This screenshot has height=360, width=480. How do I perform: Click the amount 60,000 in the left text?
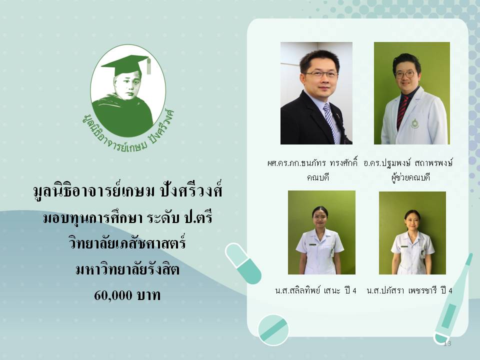click(113, 295)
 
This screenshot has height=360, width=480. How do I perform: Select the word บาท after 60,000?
click(148, 295)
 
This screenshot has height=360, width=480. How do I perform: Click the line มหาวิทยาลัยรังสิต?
click(127, 269)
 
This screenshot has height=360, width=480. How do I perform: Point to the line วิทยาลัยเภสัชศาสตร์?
click(127, 243)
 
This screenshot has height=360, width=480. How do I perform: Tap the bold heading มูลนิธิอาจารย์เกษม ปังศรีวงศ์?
click(127, 190)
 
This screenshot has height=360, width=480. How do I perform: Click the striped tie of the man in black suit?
click(331, 122)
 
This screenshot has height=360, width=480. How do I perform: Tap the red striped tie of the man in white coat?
click(402, 111)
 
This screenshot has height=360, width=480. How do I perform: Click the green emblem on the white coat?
click(414, 123)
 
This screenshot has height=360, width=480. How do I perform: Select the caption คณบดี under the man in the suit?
click(318, 177)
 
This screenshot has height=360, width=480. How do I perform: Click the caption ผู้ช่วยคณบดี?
click(411, 177)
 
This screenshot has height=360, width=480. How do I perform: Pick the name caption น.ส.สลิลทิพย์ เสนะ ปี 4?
click(315, 290)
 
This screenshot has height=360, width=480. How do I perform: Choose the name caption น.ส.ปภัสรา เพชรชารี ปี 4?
click(409, 290)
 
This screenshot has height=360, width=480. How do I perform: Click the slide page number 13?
click(447, 343)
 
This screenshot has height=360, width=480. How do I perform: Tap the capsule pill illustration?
click(243, 263)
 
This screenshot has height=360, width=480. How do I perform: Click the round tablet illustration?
click(273, 330)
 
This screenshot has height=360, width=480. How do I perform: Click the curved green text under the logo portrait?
click(128, 132)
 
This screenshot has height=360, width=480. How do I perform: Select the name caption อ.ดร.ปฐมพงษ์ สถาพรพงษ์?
click(408, 163)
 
